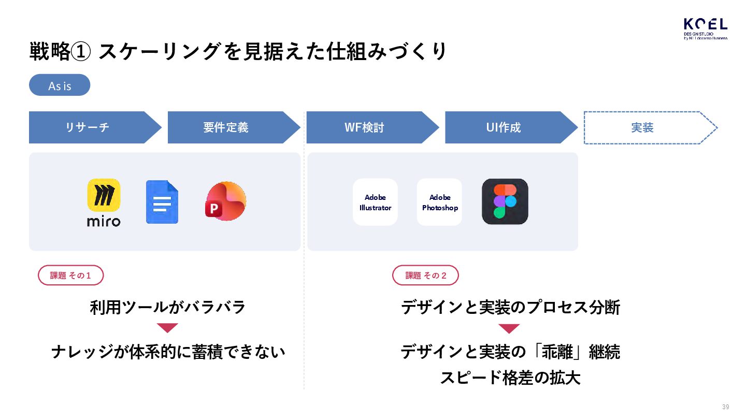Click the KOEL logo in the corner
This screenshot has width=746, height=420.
[x=705, y=28]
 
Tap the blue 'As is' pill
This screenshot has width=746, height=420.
[x=60, y=85]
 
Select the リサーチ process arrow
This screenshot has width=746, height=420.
[x=88, y=127]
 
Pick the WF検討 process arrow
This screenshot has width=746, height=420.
[x=365, y=127]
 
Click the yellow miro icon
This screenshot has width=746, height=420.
[x=104, y=195]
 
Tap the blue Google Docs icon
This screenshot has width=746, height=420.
[x=162, y=202]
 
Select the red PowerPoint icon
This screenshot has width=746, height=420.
[x=226, y=201]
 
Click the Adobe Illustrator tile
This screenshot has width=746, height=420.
[x=375, y=202]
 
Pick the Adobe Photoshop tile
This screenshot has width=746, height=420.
[x=439, y=202]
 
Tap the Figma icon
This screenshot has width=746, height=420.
[x=505, y=201]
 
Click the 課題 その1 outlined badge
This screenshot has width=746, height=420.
[x=71, y=276]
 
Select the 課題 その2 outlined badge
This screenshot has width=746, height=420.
[x=426, y=276]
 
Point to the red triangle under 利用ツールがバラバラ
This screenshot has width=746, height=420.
[x=167, y=328]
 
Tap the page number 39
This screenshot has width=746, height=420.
[x=725, y=407]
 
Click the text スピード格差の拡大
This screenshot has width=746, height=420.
[x=510, y=378]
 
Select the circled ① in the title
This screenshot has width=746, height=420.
[x=81, y=52]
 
